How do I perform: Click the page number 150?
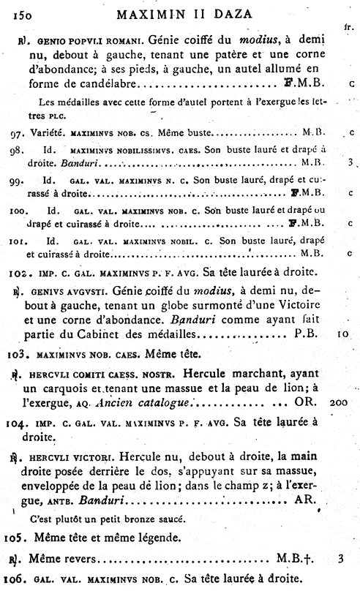[x=22, y=13]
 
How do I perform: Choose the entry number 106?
[x=23, y=580]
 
